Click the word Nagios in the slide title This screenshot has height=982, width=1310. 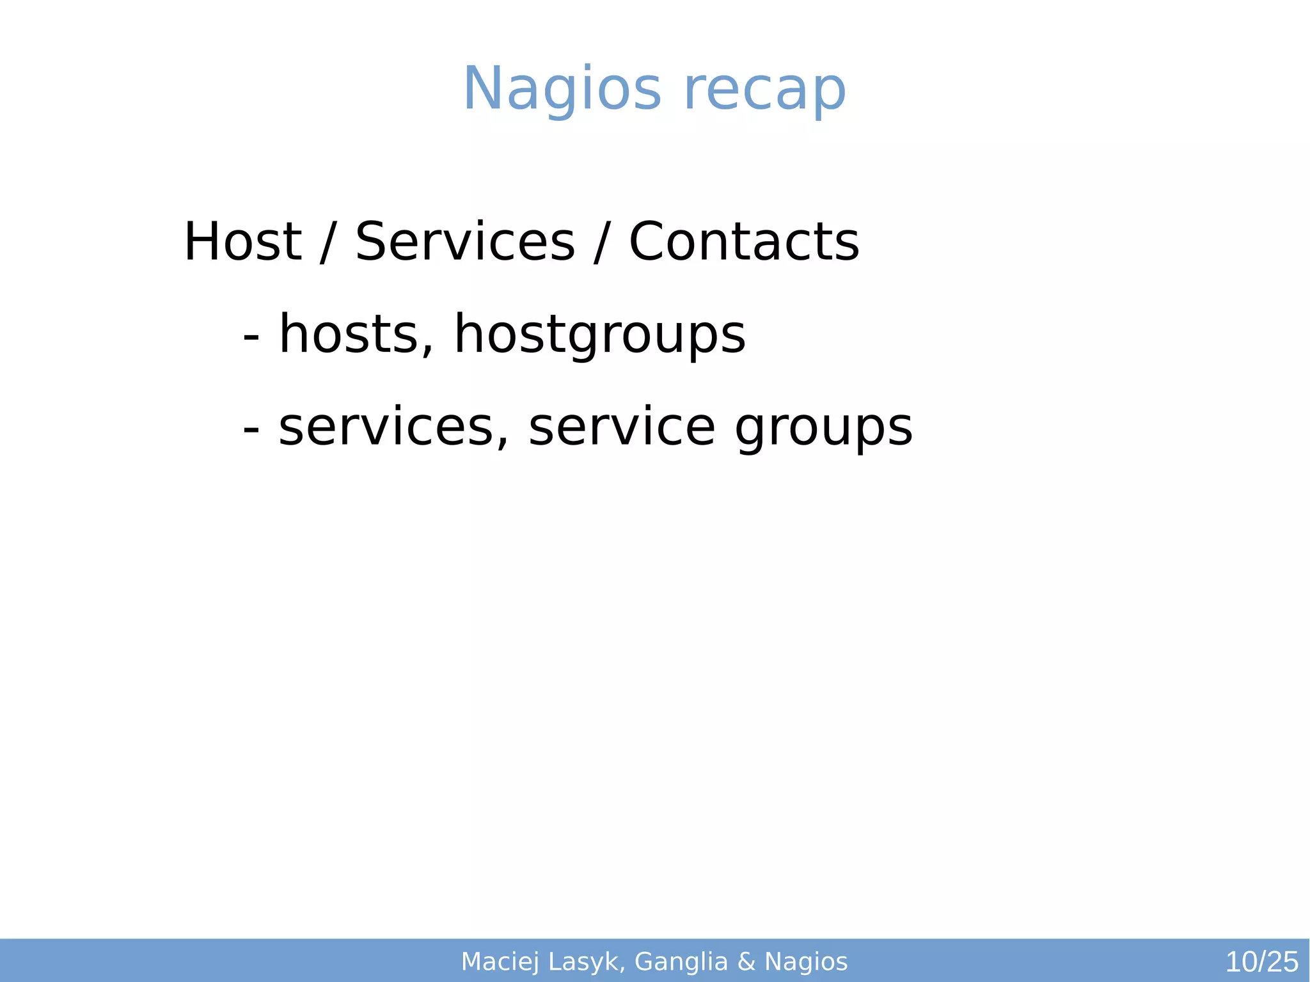pyautogui.click(x=562, y=90)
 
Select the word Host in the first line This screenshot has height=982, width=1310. pyautogui.click(x=242, y=241)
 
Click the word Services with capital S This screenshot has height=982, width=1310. pyautogui.click(x=465, y=241)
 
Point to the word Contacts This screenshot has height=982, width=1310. pyautogui.click(x=744, y=241)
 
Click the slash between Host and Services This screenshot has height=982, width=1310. pyautogui.click(x=327, y=242)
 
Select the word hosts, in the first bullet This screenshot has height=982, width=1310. pyautogui.click(x=357, y=334)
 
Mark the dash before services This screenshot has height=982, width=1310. pyautogui.click(x=251, y=428)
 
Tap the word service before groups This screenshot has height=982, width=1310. pyautogui.click(x=622, y=427)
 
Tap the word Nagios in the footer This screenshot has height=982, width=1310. pyautogui.click(x=806, y=962)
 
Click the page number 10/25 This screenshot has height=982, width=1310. pyautogui.click(x=1261, y=962)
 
